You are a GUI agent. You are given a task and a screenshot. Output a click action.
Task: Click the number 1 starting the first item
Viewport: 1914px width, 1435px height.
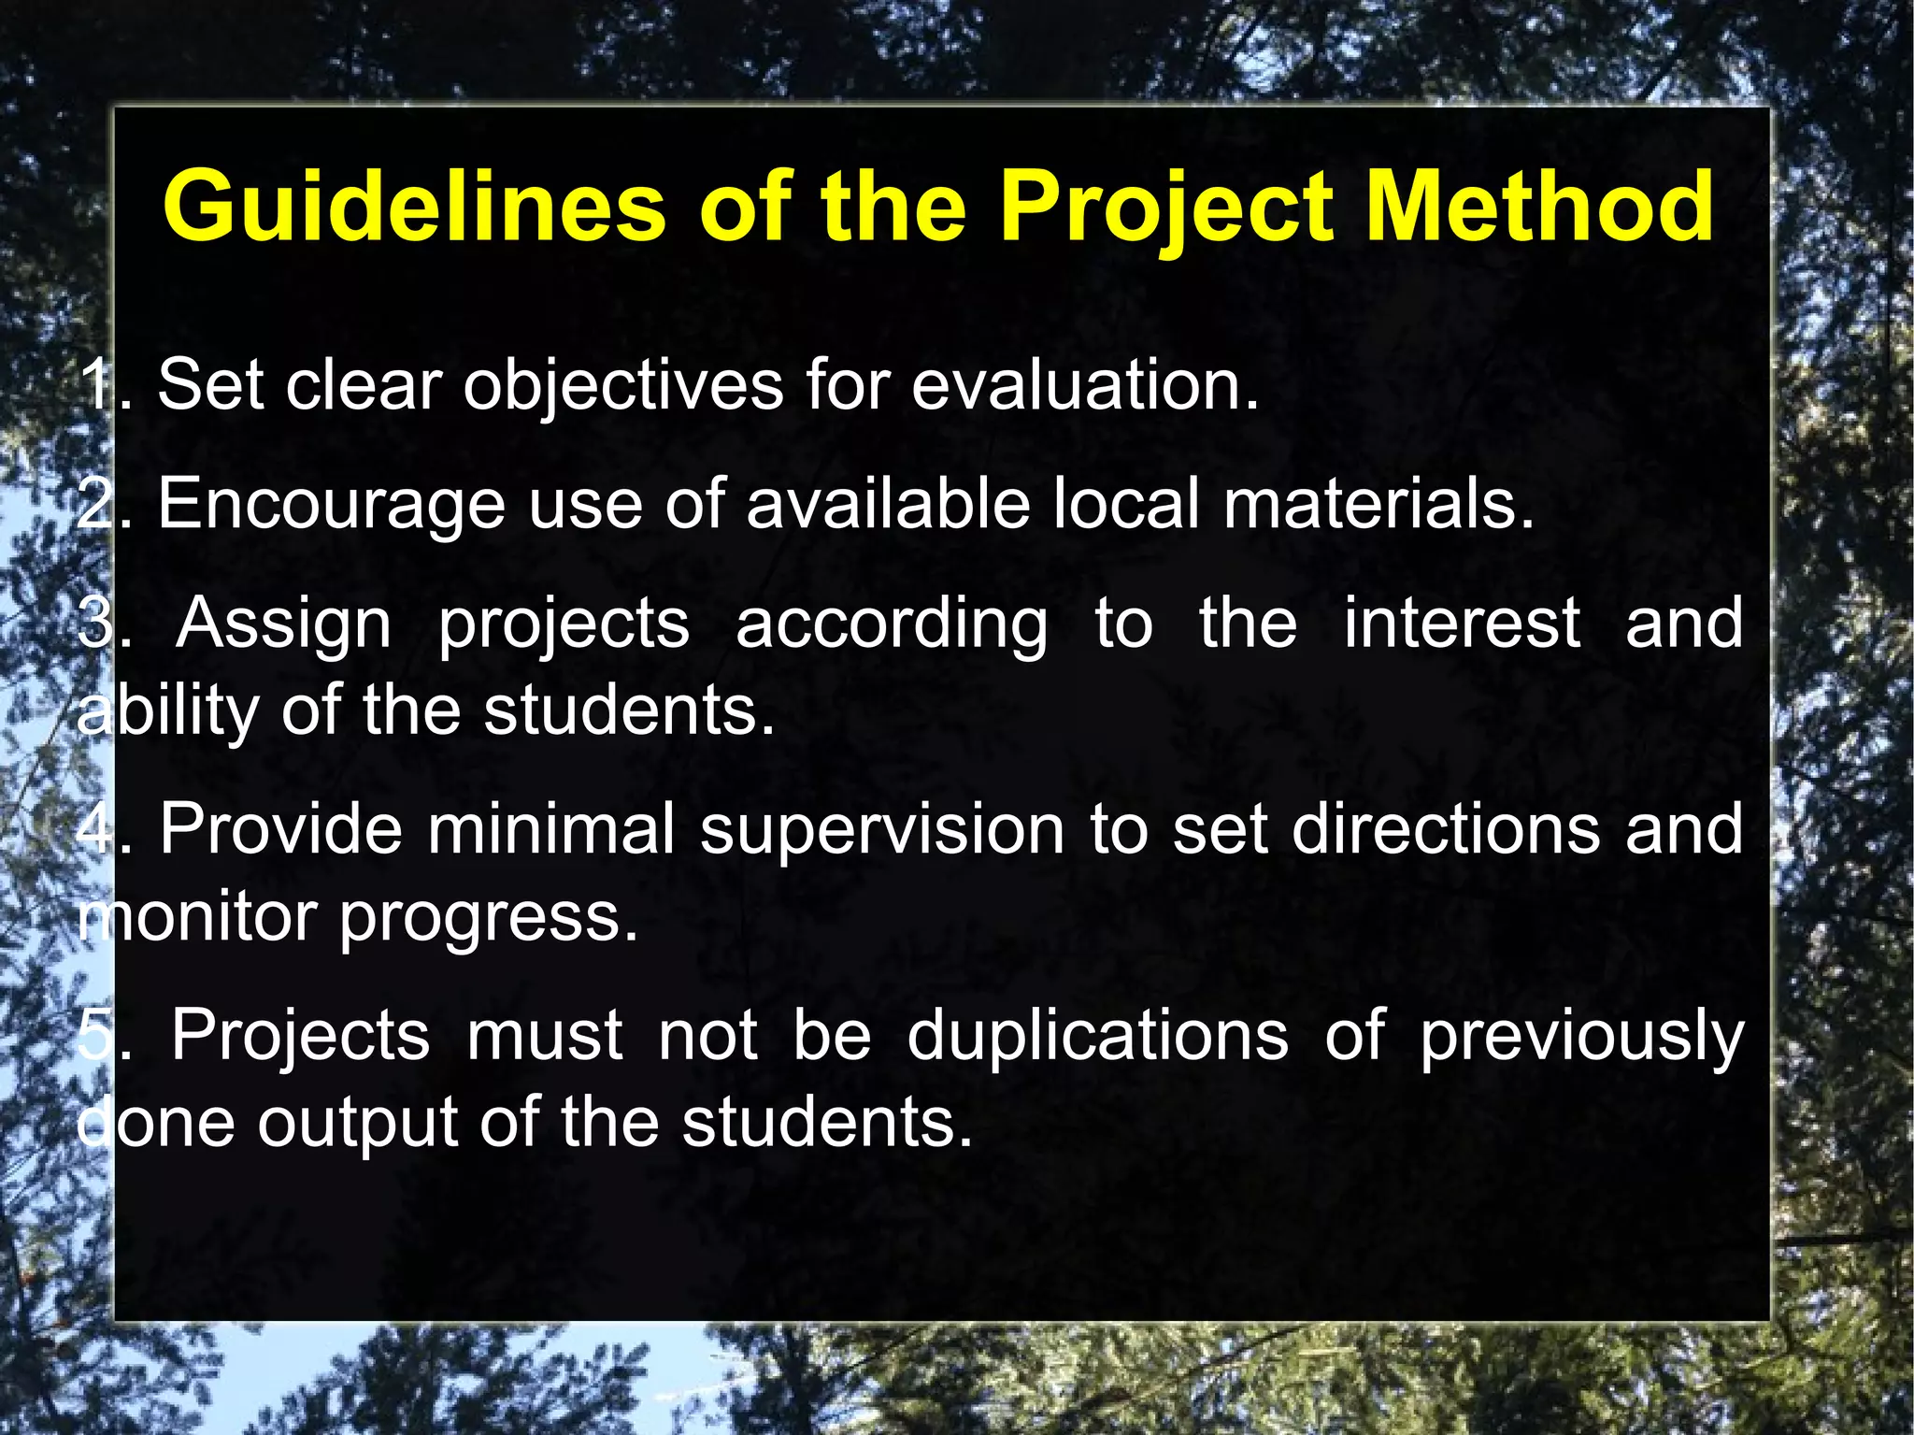tap(96, 384)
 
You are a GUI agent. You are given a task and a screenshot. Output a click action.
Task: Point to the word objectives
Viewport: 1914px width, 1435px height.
tap(623, 386)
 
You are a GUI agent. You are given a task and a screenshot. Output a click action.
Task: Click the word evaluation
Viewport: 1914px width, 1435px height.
tap(1084, 384)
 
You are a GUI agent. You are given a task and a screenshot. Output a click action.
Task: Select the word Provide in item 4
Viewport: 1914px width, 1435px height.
tap(280, 829)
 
